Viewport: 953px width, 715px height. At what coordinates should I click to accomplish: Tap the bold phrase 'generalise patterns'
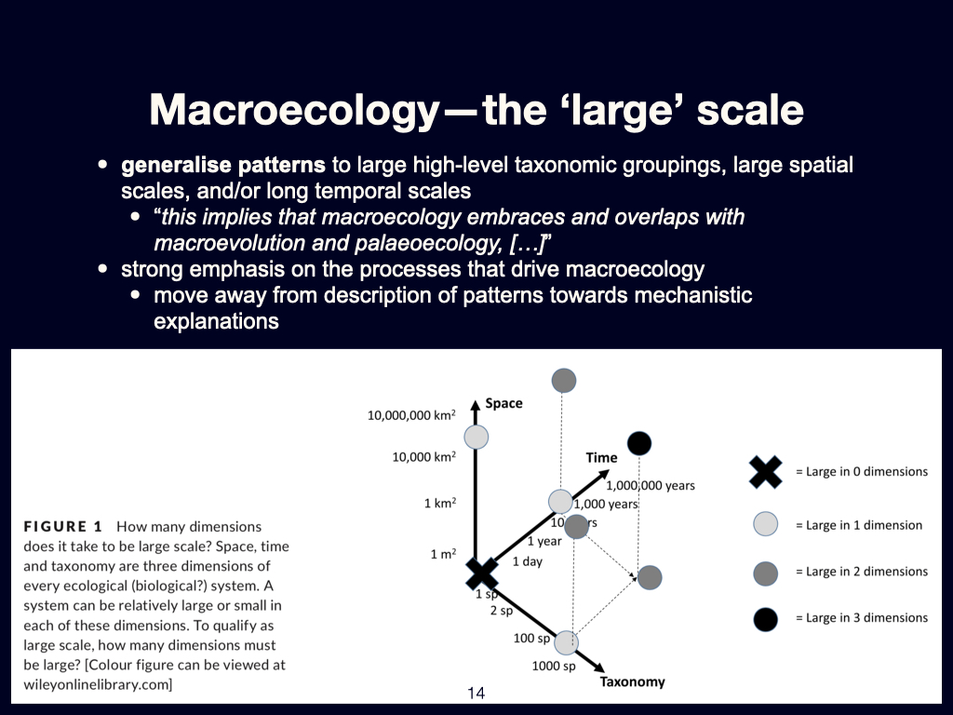(223, 167)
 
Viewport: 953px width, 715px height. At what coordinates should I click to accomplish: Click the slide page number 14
(476, 693)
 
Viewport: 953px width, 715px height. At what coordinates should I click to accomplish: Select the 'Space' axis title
(503, 403)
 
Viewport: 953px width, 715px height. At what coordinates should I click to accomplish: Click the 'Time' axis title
(601, 457)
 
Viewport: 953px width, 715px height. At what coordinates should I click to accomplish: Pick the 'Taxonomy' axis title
(632, 681)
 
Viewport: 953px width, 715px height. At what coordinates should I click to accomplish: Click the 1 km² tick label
(440, 504)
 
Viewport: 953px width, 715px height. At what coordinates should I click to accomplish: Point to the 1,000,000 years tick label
(651, 485)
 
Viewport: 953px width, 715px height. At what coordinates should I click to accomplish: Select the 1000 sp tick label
(553, 666)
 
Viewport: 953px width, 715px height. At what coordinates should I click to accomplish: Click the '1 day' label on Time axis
(527, 561)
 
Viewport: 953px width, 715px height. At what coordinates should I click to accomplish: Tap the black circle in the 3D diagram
(639, 443)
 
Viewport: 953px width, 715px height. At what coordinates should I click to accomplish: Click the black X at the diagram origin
(482, 573)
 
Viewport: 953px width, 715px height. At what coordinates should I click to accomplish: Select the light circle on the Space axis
(476, 436)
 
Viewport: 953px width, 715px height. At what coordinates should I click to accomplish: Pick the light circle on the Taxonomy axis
(566, 641)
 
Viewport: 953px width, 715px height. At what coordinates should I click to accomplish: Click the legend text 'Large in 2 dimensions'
(861, 572)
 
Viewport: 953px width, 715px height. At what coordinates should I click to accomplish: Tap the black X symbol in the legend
(765, 471)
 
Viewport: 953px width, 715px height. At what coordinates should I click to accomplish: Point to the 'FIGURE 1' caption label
(62, 526)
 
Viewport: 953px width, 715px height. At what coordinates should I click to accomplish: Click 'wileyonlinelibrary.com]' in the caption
(98, 684)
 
